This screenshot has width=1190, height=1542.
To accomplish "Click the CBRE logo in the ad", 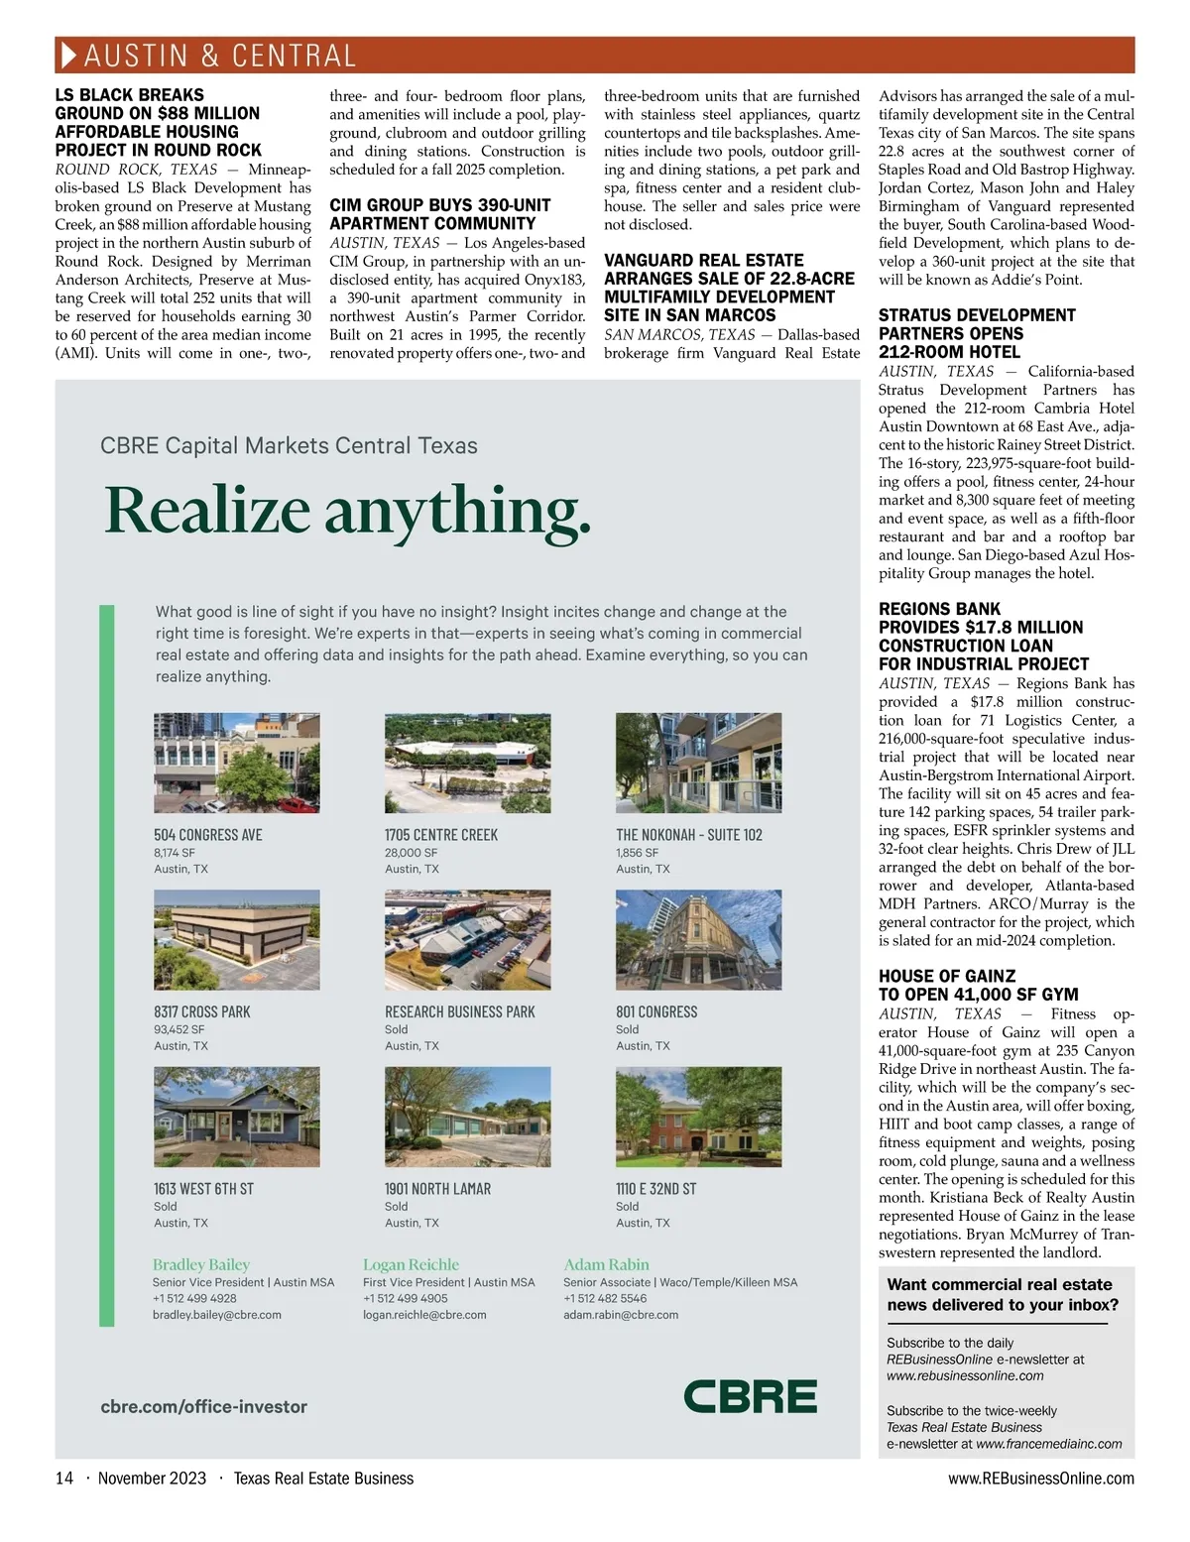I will click(x=751, y=1396).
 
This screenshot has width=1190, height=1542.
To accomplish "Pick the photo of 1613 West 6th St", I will click(x=236, y=1117).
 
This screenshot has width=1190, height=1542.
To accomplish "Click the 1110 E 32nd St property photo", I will click(x=698, y=1117).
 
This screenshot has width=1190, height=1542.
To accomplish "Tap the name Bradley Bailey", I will click(x=201, y=1264).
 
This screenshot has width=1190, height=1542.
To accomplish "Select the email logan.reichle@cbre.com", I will click(x=424, y=1315).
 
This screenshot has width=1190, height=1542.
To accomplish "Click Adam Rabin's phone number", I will click(x=605, y=1298).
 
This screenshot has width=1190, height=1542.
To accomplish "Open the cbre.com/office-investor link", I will click(x=204, y=1406).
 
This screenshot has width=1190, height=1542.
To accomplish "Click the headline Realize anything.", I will click(x=348, y=510).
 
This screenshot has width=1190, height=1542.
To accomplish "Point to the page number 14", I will click(x=64, y=1479).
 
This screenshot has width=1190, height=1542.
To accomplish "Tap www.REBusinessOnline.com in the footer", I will click(x=1041, y=1479).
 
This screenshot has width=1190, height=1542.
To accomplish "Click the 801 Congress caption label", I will click(x=656, y=1011).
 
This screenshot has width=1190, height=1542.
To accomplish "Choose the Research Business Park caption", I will click(x=459, y=1011).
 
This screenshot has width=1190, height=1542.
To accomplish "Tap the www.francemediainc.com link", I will click(x=1049, y=1444).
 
